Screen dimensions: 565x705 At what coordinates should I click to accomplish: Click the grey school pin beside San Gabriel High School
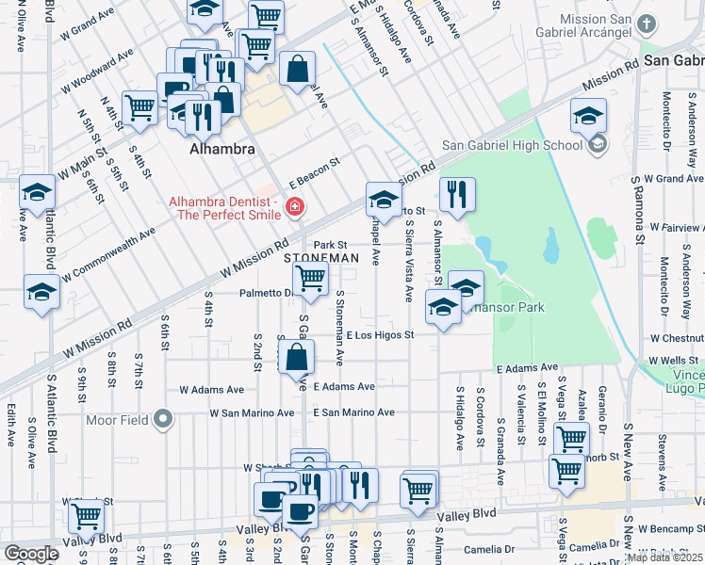(x=597, y=145)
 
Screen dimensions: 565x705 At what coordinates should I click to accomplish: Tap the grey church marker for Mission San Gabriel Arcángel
(x=646, y=24)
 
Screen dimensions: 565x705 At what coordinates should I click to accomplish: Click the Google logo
(x=31, y=553)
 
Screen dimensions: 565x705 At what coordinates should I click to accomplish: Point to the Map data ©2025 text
(x=664, y=557)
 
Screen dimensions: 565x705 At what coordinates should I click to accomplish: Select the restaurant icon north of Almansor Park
(x=457, y=195)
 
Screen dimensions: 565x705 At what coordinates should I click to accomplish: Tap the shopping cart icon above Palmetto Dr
(x=310, y=279)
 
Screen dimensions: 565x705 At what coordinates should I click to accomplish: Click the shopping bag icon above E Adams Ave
(x=296, y=357)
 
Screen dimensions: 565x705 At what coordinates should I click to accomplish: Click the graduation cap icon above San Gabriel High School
(x=588, y=115)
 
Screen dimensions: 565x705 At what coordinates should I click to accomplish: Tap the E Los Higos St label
(x=380, y=335)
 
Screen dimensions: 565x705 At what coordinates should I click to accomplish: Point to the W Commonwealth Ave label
(x=108, y=255)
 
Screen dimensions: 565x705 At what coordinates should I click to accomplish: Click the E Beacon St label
(x=313, y=172)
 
